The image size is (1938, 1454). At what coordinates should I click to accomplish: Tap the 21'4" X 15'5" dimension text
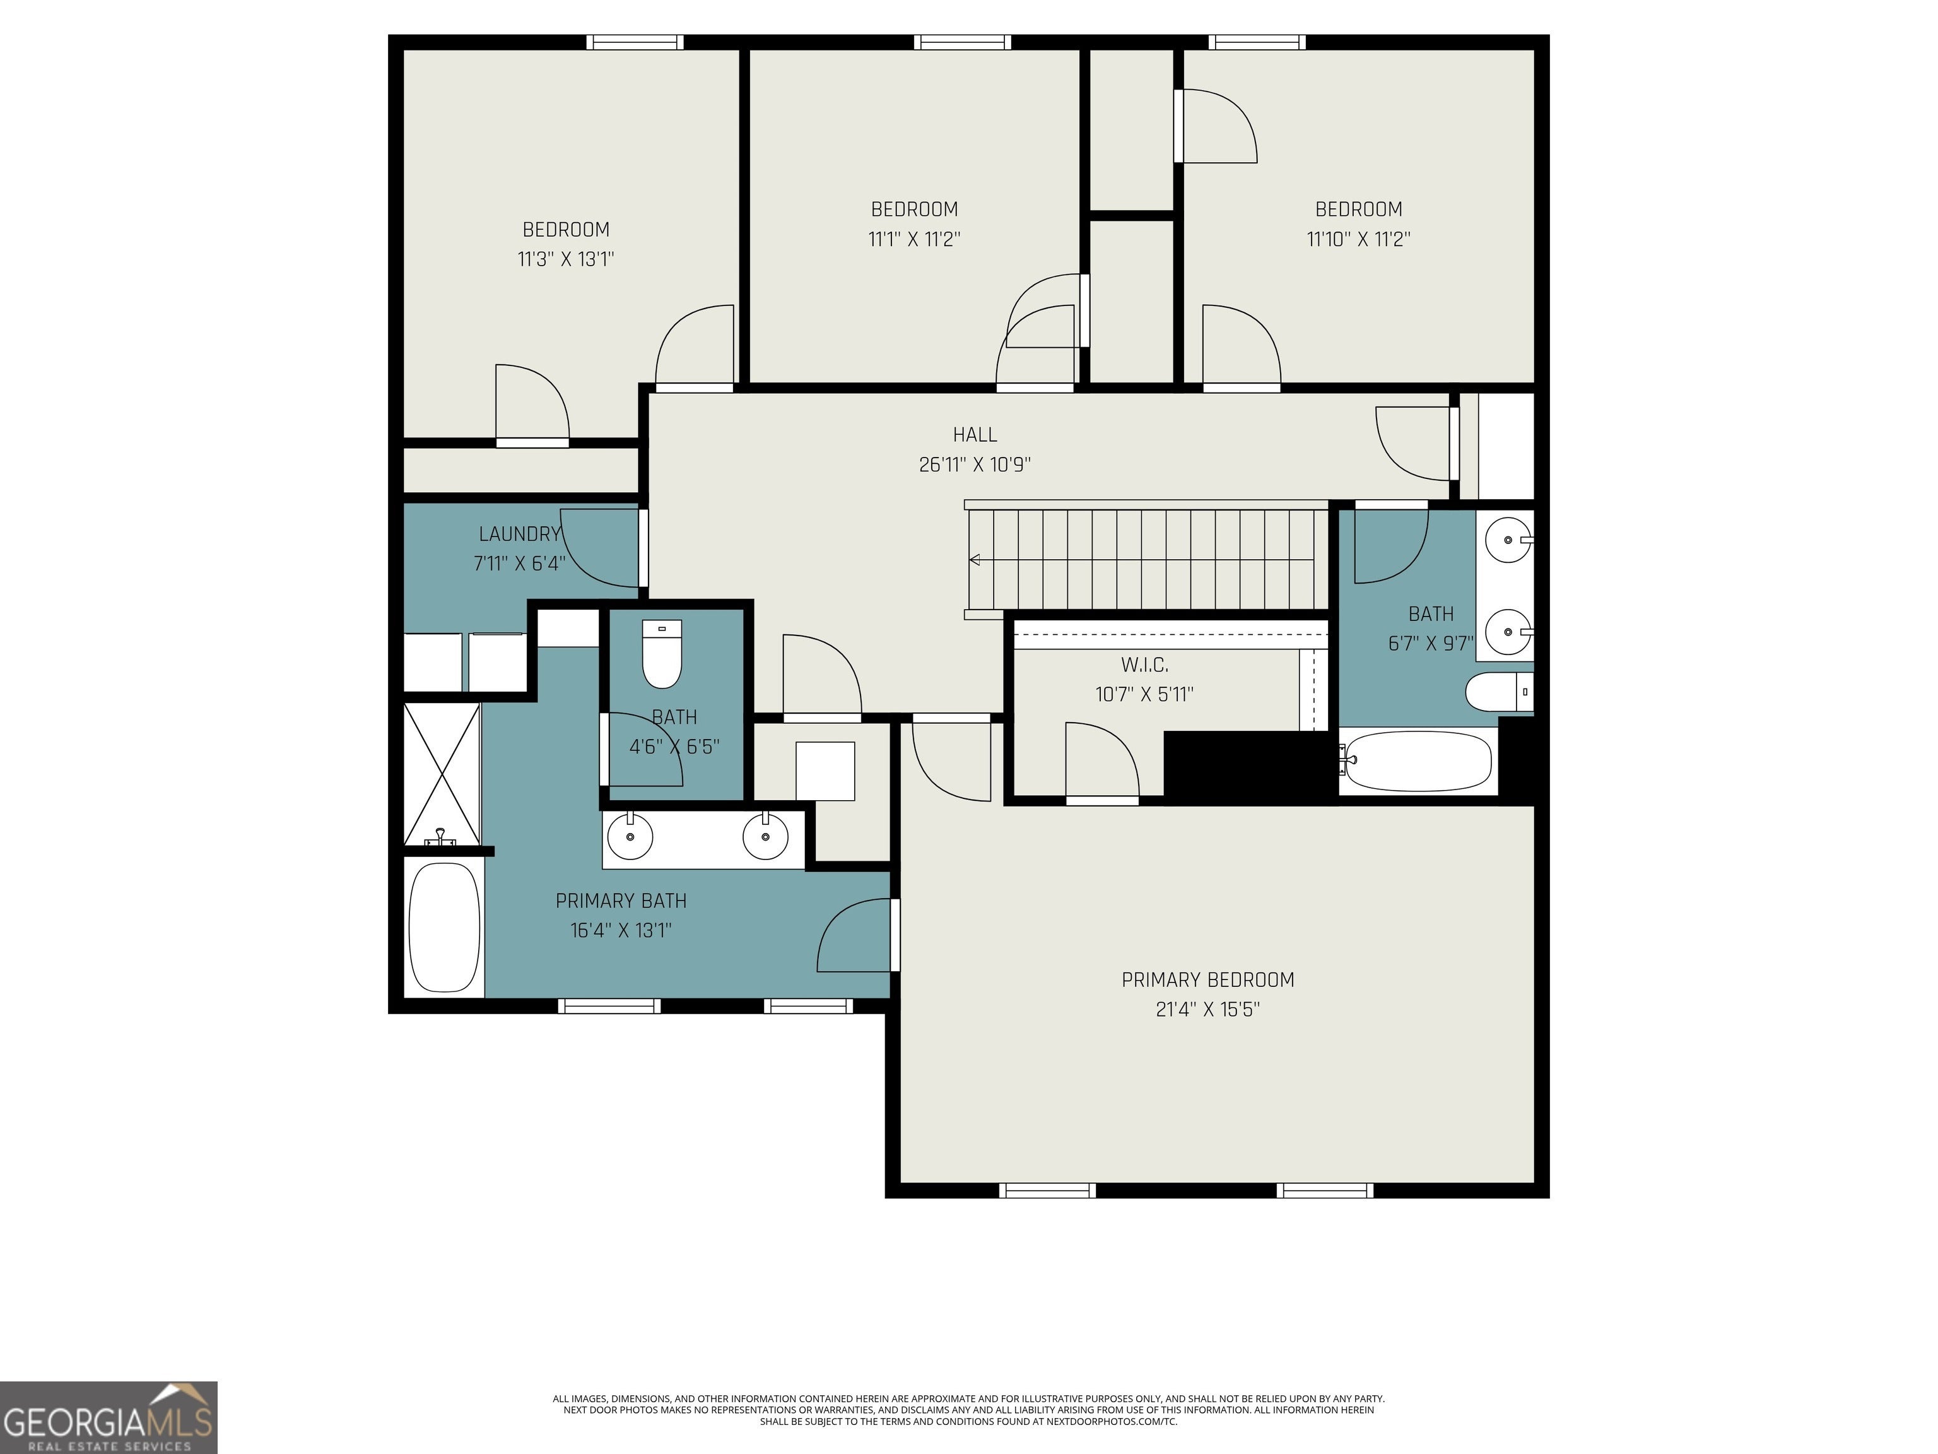(x=1207, y=1010)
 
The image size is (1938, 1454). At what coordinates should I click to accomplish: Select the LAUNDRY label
(x=520, y=534)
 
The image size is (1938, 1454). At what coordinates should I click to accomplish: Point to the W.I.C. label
(x=1144, y=665)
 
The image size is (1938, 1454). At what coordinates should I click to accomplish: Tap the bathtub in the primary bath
(x=444, y=927)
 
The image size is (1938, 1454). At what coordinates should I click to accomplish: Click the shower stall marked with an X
(x=442, y=773)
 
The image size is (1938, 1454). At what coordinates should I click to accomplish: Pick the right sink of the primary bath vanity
(x=766, y=836)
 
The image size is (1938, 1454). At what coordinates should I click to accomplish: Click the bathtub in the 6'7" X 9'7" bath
(x=1418, y=762)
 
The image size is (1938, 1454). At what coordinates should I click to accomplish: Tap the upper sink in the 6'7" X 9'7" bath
(x=1508, y=540)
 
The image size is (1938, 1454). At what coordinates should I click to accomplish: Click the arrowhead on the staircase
(x=973, y=560)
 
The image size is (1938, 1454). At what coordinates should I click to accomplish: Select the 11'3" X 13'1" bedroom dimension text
(x=566, y=259)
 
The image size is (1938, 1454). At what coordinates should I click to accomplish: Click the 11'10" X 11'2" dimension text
(x=1358, y=239)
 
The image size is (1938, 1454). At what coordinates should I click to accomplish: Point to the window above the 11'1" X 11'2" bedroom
(x=962, y=42)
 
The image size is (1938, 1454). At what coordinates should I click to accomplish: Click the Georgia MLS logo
(x=109, y=1417)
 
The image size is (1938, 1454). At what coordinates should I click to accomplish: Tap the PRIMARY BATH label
(x=621, y=901)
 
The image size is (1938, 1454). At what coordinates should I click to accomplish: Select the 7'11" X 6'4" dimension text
(x=520, y=564)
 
